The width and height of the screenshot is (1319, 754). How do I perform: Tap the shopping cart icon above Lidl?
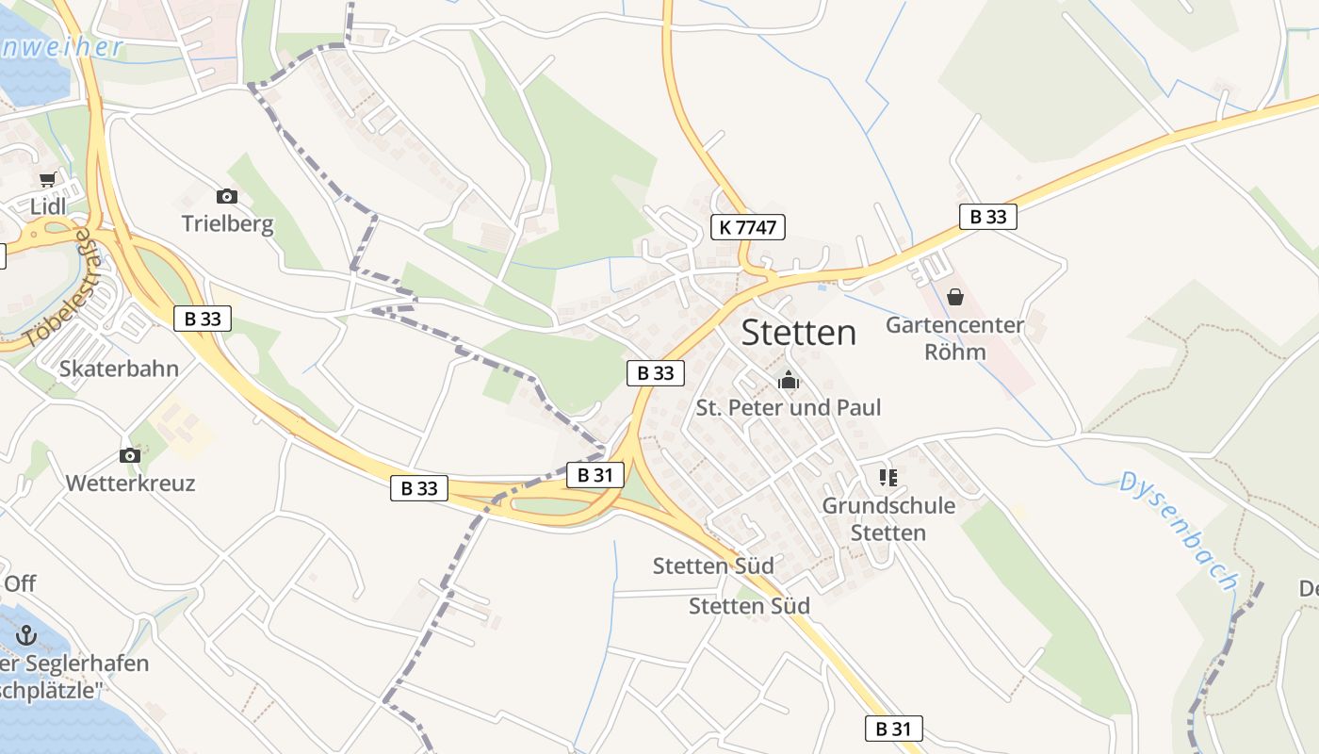(47, 179)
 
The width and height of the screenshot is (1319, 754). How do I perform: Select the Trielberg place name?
(227, 224)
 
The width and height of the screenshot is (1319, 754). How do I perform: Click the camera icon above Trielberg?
(226, 196)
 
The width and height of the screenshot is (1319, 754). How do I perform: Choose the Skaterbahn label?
(119, 369)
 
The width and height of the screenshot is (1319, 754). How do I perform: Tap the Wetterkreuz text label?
(130, 484)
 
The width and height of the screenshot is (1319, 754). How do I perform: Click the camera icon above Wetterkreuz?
(130, 456)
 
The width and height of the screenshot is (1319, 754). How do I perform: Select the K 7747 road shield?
(747, 226)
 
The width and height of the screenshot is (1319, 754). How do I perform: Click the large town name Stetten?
(799, 333)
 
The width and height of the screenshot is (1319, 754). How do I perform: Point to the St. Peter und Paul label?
(789, 408)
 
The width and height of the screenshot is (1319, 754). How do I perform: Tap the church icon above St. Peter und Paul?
(788, 381)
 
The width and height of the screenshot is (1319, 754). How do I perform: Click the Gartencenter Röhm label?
(954, 338)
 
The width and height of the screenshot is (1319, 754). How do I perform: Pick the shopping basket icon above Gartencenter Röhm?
(955, 298)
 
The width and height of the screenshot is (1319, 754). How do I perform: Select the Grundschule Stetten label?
(888, 519)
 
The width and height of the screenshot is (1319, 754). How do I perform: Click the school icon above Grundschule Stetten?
(887, 478)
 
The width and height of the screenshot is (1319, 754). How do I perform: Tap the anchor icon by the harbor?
(26, 635)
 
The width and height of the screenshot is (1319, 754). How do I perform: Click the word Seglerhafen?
(90, 664)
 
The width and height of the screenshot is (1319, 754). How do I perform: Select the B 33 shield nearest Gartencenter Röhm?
(988, 217)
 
